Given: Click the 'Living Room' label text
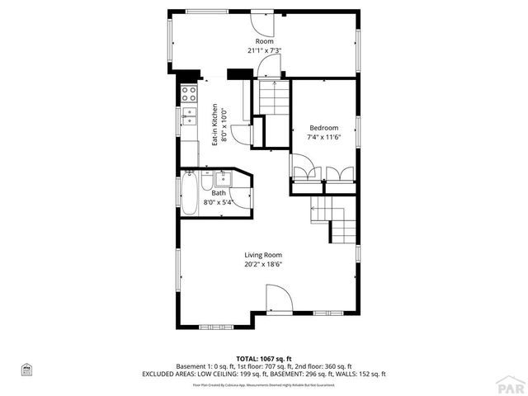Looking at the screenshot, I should coord(263,255).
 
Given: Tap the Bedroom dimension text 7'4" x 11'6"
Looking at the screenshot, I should coord(323,137).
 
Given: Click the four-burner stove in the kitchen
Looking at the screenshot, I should coord(189,93).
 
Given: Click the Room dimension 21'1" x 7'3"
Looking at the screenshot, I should coord(264,50).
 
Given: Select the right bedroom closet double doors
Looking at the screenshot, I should coord(338,172).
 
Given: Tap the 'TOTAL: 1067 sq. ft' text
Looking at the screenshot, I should coord(264,359).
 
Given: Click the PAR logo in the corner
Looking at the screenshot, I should coord(511,384).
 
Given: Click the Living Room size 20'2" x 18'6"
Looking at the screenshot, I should coord(263,265).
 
